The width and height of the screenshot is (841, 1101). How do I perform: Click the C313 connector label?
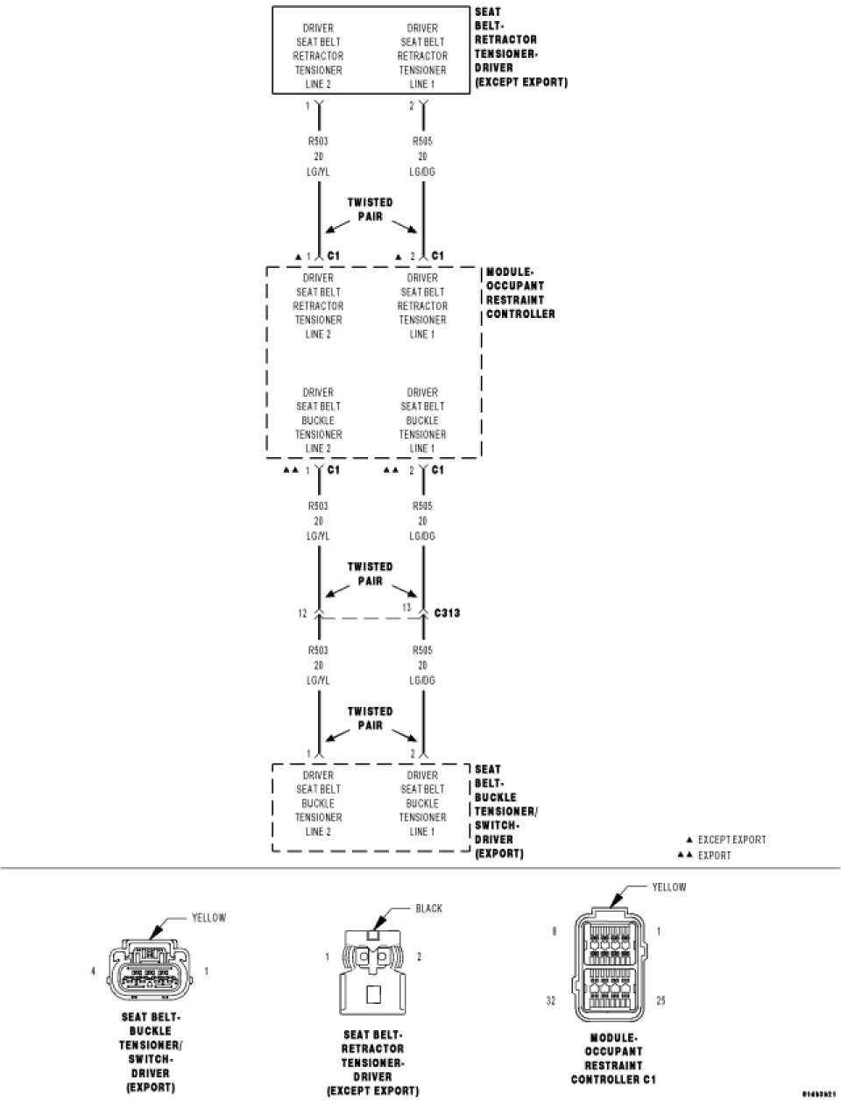coord(447,613)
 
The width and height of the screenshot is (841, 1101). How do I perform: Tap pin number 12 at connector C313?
coord(302,613)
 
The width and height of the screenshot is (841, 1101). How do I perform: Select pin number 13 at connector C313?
coord(406,607)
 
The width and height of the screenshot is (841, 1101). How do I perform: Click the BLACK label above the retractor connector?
coord(428,908)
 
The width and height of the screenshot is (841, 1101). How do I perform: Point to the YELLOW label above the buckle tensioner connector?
coord(208,918)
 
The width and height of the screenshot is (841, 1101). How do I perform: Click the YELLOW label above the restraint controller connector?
coord(669,887)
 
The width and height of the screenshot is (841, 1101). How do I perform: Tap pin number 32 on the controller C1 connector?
coord(551,1000)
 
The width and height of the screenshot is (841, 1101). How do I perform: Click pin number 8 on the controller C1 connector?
coord(554,932)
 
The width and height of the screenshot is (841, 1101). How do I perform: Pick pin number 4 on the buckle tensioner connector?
coord(94,970)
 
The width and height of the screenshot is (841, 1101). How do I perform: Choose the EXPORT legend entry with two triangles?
coord(714,855)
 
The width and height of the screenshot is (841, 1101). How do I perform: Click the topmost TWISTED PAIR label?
coord(370,209)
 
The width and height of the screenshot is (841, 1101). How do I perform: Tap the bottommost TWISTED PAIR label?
coord(370,718)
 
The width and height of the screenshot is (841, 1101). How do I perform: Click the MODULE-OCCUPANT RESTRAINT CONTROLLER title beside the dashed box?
coord(519,293)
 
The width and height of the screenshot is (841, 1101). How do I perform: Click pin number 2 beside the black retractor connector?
coord(419,956)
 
